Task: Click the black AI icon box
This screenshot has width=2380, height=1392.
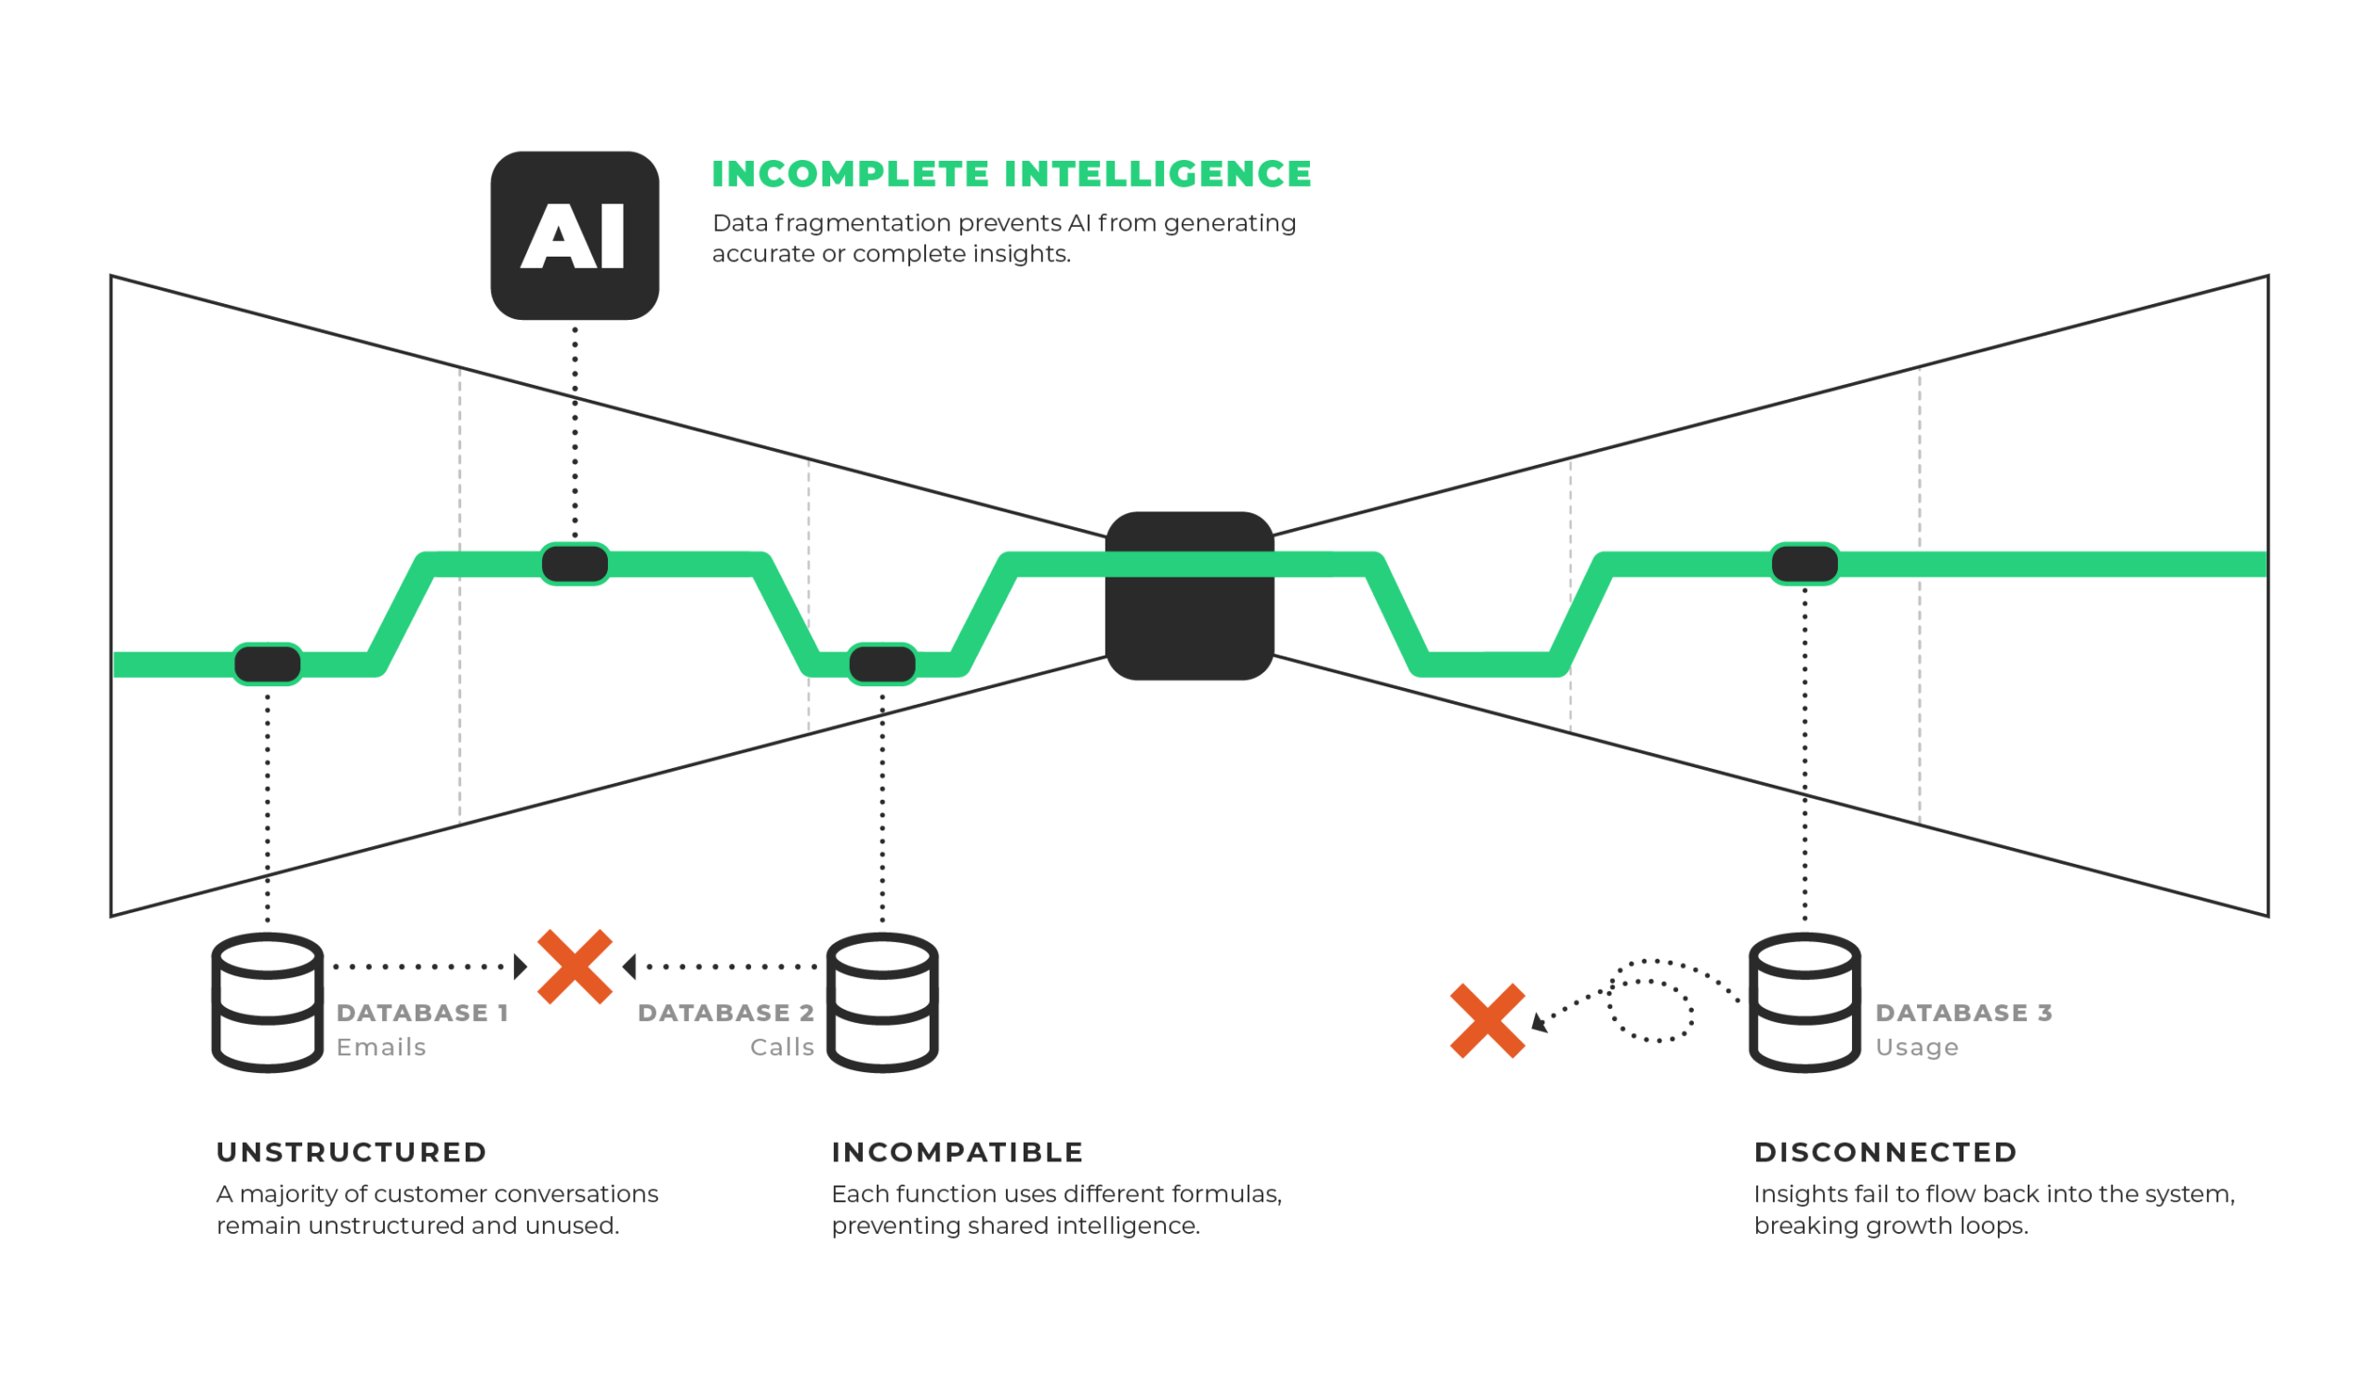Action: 575,235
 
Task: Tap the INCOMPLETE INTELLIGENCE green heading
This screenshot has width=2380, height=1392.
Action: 1011,174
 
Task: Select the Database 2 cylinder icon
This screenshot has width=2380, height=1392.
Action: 882,1002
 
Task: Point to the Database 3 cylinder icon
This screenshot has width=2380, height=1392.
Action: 1805,1002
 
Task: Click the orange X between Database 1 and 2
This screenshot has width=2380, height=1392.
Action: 575,966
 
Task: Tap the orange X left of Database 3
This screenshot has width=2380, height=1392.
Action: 1487,1021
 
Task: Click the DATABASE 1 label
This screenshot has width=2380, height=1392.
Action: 423,1014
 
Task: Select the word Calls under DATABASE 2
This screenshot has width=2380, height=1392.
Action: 782,1047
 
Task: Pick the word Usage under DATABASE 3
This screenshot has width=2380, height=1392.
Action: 1917,1047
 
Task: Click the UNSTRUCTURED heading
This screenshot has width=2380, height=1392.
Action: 351,1152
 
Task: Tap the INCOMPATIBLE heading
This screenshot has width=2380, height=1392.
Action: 958,1152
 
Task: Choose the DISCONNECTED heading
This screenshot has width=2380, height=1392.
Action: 1886,1152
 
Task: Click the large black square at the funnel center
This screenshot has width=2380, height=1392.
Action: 1190,596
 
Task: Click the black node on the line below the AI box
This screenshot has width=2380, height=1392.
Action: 575,563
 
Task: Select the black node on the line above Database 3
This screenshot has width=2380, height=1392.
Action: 1805,563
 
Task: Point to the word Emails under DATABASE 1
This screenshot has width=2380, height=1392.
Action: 381,1047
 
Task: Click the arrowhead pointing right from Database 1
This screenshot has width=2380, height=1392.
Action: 521,966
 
